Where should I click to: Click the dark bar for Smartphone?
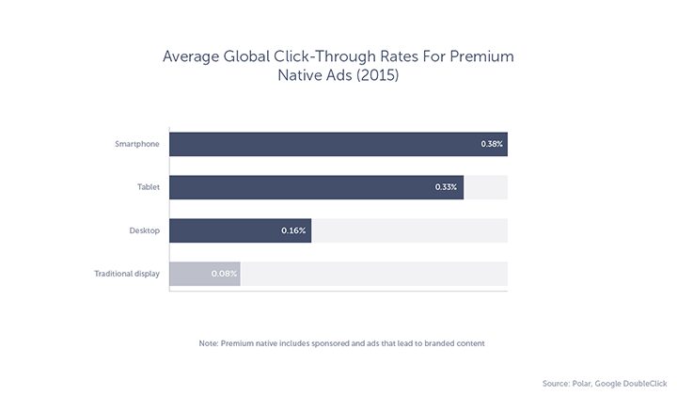pos(338,144)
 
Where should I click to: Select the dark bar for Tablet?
pos(316,187)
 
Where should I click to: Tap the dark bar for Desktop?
pos(240,230)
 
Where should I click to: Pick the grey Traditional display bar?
pos(204,274)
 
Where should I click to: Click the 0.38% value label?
pos(492,144)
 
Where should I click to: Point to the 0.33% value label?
pos(446,187)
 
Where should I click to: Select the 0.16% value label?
pos(293,230)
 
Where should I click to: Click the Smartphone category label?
pos(137,144)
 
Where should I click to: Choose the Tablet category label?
pos(149,187)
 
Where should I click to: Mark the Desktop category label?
pos(144,230)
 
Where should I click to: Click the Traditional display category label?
pos(126,274)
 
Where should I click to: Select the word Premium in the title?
pos(481,56)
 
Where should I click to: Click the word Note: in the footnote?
pos(208,343)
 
